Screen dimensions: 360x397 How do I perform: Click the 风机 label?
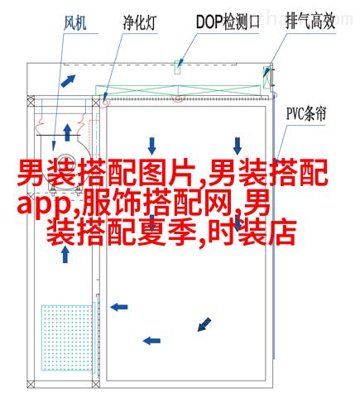click(75, 22)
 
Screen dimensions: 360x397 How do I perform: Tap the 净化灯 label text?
click(140, 22)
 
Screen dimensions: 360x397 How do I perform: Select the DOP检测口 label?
click(228, 22)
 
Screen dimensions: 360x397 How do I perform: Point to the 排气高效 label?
click(310, 22)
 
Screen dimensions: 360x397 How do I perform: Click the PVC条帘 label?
click(306, 113)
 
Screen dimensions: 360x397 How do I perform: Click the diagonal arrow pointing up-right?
click(68, 81)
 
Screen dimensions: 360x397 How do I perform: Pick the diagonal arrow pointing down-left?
click(204, 324)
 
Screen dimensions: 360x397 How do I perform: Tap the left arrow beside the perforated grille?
click(119, 307)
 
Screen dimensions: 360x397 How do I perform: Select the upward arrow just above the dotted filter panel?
click(65, 254)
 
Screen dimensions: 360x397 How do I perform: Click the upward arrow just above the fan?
click(67, 132)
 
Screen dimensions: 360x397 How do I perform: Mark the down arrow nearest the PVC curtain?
click(238, 146)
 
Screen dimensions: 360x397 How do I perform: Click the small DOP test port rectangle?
click(178, 67)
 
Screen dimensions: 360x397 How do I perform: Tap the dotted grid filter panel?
click(67, 337)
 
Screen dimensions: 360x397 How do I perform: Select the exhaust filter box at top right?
click(267, 77)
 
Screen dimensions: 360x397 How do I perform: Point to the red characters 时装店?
click(252, 232)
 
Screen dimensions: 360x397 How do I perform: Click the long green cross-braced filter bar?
click(178, 91)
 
